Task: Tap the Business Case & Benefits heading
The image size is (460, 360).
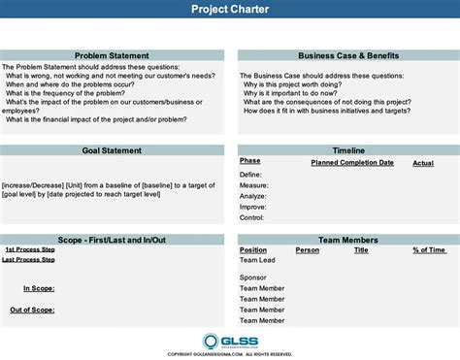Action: [x=347, y=56]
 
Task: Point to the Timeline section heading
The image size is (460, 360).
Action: [x=347, y=150]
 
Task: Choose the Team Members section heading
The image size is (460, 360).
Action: [x=347, y=239]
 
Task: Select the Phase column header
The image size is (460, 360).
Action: [x=250, y=160]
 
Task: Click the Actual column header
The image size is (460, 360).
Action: [x=423, y=163]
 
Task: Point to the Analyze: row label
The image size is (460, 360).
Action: [x=253, y=195]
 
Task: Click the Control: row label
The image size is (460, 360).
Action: [x=252, y=217]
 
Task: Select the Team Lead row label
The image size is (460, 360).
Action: [x=257, y=260]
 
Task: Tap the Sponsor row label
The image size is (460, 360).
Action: [x=253, y=278]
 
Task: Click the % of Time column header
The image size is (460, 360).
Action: [x=429, y=249]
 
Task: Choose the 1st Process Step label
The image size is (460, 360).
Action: [x=29, y=249]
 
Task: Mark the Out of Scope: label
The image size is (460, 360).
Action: [x=32, y=310]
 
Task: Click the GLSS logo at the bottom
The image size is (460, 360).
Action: [x=230, y=341]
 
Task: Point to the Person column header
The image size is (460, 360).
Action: [x=307, y=249]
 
